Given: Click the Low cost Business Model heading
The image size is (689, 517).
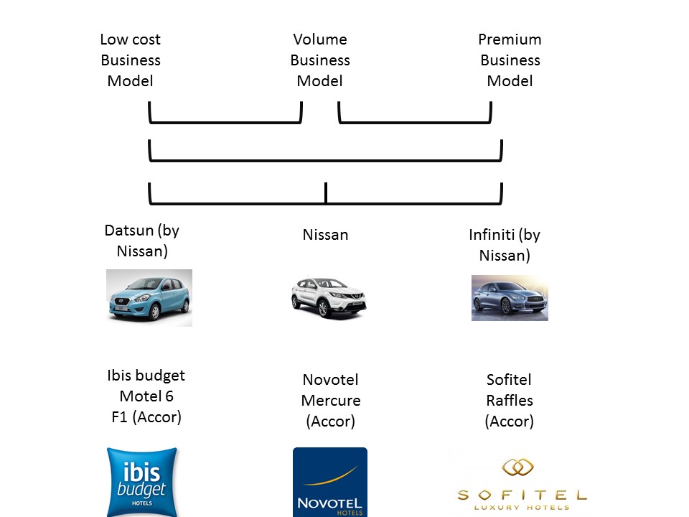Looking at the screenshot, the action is click(x=131, y=60).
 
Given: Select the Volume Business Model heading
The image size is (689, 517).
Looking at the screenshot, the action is click(x=320, y=60).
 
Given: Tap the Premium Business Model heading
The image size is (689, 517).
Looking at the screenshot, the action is click(x=510, y=60).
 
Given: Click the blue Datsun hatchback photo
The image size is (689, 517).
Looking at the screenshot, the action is click(x=149, y=297).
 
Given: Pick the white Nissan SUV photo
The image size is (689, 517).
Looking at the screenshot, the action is click(x=329, y=297).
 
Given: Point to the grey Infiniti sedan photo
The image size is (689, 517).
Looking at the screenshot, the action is click(x=510, y=298).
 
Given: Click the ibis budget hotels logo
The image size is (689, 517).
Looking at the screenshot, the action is click(x=142, y=482).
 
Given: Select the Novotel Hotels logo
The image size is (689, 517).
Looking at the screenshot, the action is click(x=330, y=482).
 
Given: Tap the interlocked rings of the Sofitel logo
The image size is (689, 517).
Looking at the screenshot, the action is click(x=518, y=467).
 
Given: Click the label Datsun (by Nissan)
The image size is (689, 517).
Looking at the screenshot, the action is click(x=142, y=241).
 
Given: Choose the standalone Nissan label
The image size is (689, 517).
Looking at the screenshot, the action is click(x=326, y=235).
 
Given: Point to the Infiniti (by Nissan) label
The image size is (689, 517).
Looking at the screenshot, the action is click(x=505, y=246).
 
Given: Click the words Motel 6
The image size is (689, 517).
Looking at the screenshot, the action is click(x=146, y=396).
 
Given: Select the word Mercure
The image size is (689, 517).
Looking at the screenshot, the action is click(x=331, y=401).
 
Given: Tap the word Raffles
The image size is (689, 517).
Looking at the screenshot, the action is click(x=510, y=401).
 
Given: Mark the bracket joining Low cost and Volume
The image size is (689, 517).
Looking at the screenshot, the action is click(x=225, y=122).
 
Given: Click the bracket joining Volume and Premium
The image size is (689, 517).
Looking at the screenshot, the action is click(x=415, y=122).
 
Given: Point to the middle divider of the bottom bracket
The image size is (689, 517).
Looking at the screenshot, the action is click(x=326, y=192).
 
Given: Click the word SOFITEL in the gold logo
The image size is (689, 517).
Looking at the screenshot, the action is click(x=522, y=495).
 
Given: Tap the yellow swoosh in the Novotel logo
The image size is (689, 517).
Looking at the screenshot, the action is click(x=330, y=477).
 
